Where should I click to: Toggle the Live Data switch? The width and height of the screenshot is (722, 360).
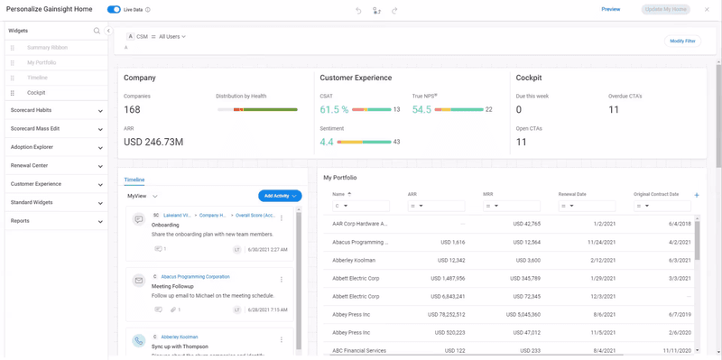point(114,10)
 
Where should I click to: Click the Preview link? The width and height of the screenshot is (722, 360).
point(610,9)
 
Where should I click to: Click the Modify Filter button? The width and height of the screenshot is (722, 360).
point(682,41)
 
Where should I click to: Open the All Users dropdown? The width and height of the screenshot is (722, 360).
point(171,37)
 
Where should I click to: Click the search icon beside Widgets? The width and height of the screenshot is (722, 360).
point(97,31)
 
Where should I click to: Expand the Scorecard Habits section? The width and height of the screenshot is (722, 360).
point(56,111)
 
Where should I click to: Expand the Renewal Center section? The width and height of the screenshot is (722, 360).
point(56,166)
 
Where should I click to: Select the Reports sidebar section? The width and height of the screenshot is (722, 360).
point(56,221)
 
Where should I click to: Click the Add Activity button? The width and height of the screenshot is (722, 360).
point(279,196)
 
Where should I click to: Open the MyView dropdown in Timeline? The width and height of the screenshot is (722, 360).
point(143,196)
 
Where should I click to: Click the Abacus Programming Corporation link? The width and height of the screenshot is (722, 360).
point(195,277)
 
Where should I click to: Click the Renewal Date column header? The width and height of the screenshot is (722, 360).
point(573,194)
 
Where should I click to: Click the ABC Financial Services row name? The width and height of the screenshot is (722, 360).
point(358,350)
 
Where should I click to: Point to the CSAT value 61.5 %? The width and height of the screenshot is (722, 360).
point(334,109)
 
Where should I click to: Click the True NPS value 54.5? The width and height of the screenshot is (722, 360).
point(421,109)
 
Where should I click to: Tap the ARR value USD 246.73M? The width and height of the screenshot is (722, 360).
point(153,142)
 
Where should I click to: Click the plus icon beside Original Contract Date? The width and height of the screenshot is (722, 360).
point(696,195)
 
